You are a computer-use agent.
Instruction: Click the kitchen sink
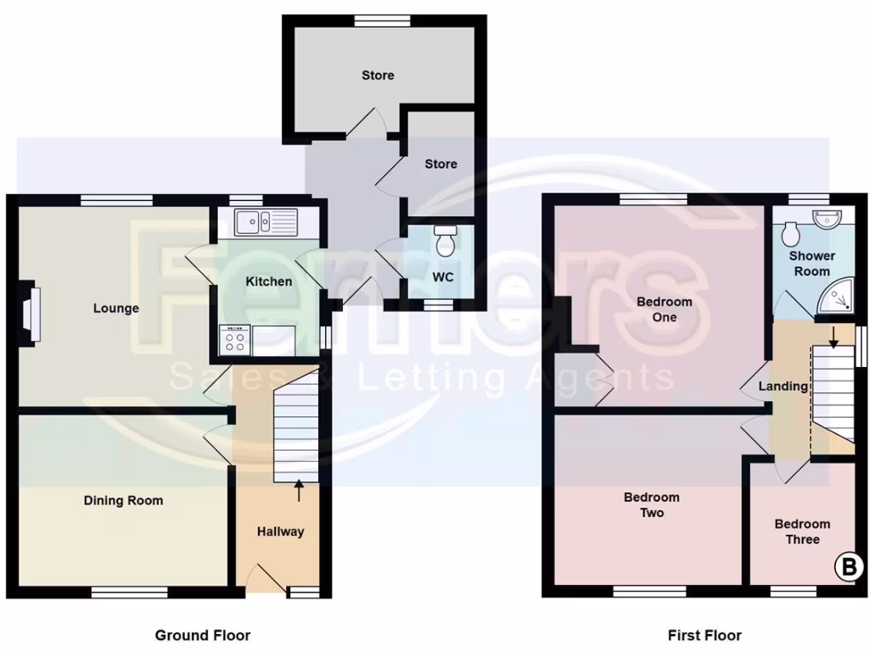264,222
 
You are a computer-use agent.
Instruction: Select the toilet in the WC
445,242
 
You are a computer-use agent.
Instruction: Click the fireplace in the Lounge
31,313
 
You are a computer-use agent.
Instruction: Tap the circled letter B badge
849,567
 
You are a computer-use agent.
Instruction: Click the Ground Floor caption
202,635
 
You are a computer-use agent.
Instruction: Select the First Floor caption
704,635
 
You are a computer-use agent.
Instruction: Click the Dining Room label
123,501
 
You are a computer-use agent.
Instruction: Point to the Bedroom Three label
802,531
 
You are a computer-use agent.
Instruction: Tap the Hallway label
280,531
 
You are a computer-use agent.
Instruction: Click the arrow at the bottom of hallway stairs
298,488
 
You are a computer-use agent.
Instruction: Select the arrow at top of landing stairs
833,337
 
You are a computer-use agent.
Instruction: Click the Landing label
782,387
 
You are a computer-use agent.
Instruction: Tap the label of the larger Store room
378,75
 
